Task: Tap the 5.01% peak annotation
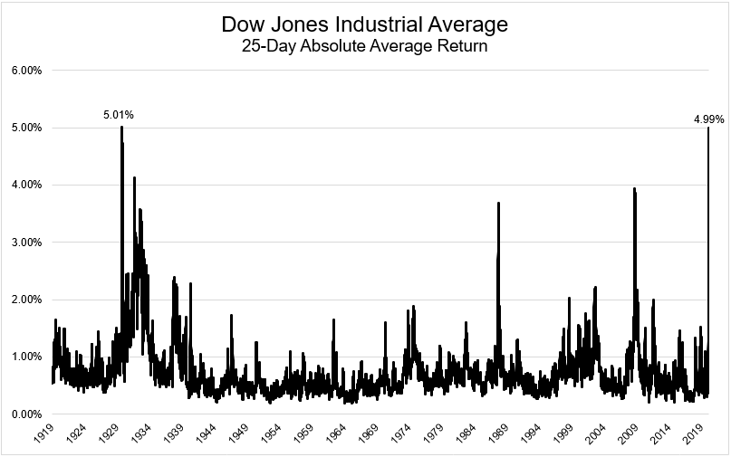click(118, 115)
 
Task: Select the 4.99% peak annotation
click(709, 118)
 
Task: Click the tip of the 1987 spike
click(498, 203)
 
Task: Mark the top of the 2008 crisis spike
click(634, 188)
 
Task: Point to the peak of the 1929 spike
click(121, 127)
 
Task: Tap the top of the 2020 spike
click(707, 128)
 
